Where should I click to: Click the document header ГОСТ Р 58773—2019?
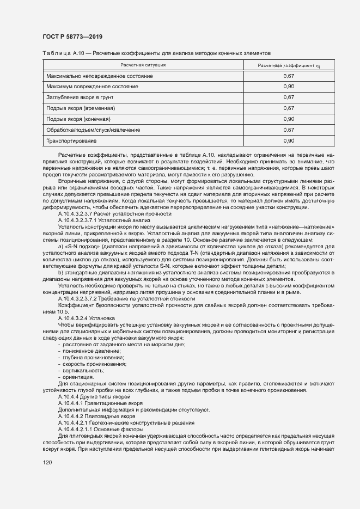coord(72,36)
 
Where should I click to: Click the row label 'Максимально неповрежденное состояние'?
coord(100,76)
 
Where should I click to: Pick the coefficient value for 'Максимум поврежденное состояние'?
coord(289,87)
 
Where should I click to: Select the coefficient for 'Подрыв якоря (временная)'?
coord(289,108)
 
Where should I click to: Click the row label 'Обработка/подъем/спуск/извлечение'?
coord(93,130)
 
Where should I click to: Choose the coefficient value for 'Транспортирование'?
coord(289,141)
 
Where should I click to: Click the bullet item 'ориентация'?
coord(78,377)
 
